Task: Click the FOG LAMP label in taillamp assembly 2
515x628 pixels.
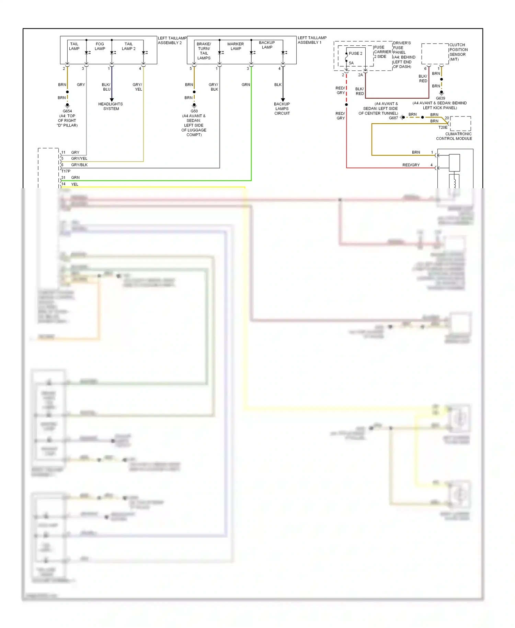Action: pos(100,46)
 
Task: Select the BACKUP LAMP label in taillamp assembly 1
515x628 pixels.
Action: pos(267,45)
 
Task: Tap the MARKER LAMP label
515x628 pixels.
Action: pos(236,46)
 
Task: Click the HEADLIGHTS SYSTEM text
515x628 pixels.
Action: pos(111,106)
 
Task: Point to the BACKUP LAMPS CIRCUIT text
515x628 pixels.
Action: pos(282,109)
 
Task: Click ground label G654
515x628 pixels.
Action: pos(67,111)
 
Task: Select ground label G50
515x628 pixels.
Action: pos(194,111)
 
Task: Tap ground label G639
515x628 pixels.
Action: pos(440,98)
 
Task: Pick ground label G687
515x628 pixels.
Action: pos(393,118)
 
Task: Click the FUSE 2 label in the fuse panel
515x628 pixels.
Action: pos(355,53)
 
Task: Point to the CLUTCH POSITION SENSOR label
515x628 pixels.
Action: pos(458,52)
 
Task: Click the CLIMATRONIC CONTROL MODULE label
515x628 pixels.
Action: pos(454,136)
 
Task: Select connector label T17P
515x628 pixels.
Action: pos(66,171)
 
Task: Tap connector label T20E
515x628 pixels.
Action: pos(443,127)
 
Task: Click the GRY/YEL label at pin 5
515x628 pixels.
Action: pos(79,158)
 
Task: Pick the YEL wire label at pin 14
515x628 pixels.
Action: pos(75,184)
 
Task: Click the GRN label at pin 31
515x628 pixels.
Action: pos(75,178)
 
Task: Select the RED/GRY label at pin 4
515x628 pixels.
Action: pos(411,165)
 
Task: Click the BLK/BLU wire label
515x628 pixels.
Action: pos(106,87)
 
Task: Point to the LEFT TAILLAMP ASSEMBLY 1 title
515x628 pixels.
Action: pos(312,40)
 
